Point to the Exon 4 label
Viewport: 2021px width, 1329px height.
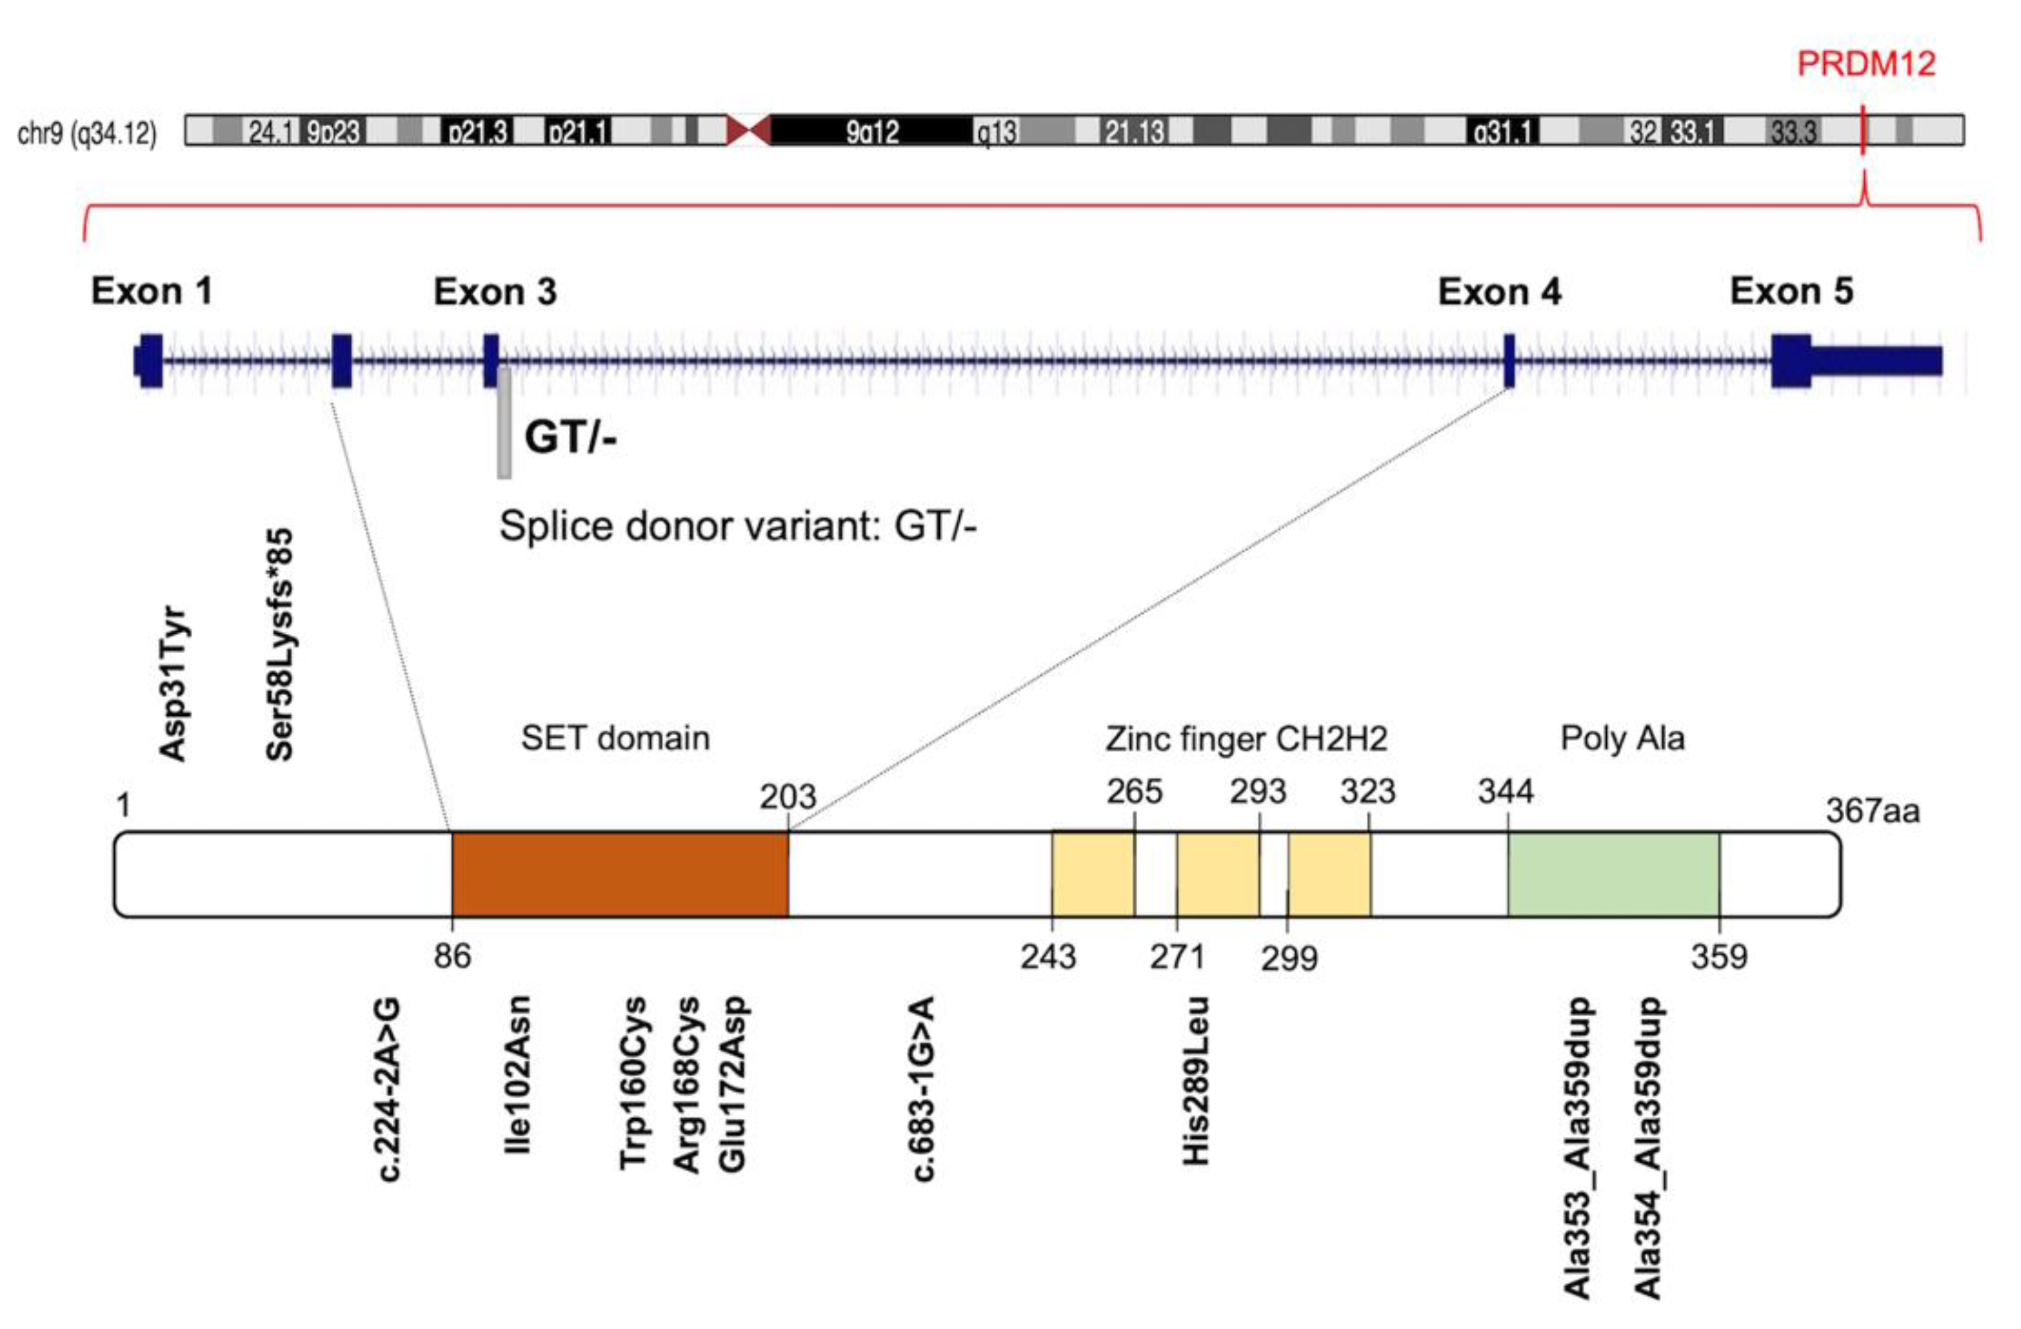point(1499,292)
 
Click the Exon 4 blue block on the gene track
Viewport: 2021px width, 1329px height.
point(1509,361)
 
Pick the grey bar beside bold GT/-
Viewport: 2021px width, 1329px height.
point(504,423)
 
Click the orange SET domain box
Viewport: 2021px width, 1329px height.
point(620,875)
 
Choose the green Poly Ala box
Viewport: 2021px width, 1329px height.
point(1613,875)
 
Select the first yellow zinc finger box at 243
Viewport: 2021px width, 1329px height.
point(1093,875)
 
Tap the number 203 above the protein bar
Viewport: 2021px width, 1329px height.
point(787,797)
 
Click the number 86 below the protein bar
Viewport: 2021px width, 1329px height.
point(452,956)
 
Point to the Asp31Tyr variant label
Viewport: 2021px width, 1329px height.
point(173,684)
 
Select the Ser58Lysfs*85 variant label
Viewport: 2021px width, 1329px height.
point(279,645)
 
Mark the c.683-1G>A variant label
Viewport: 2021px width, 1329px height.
point(923,1089)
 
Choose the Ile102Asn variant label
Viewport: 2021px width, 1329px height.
point(517,1074)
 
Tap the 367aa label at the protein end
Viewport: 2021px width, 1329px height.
point(1872,811)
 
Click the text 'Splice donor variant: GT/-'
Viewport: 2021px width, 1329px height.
point(737,526)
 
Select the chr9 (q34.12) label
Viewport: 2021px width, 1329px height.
point(87,133)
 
